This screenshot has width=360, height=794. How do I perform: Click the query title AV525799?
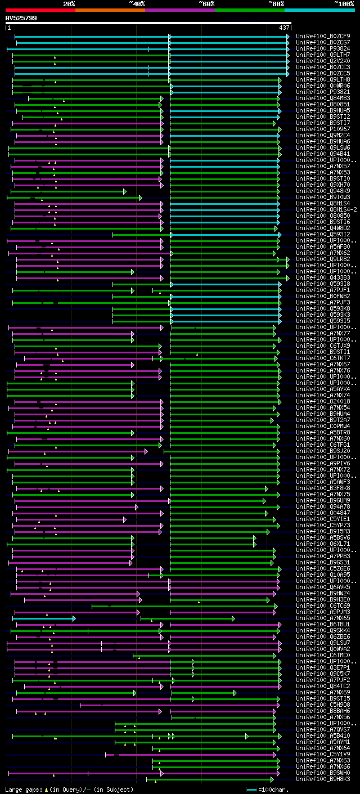[21, 18]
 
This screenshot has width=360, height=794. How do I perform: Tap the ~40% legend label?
[137, 3]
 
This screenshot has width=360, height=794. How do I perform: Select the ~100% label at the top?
[344, 3]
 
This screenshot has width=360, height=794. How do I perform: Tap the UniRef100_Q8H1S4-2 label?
[326, 209]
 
